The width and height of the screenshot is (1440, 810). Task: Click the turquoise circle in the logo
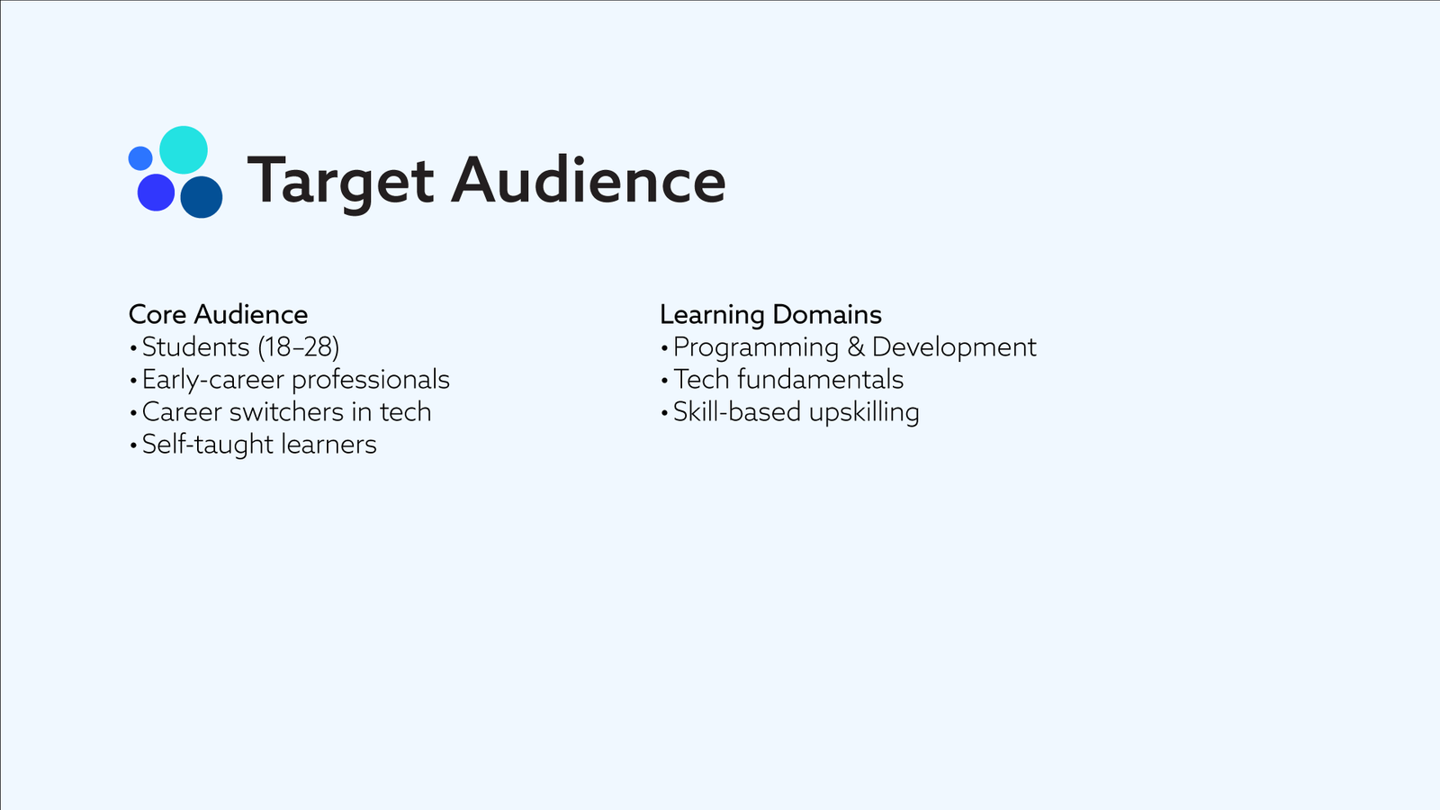(184, 149)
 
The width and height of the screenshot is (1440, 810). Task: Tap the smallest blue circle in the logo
(140, 158)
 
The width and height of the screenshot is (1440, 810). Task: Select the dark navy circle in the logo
(202, 197)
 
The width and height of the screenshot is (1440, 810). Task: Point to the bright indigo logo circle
(157, 193)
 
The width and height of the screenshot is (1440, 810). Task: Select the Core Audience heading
(218, 314)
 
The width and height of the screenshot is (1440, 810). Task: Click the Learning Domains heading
(770, 314)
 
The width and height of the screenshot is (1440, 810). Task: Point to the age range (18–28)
(298, 347)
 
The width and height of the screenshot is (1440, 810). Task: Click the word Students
(195, 347)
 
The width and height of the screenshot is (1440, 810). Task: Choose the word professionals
(371, 380)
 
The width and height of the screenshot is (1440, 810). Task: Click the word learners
(329, 445)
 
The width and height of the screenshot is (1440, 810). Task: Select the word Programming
(756, 347)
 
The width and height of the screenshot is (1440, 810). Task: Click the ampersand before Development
(856, 347)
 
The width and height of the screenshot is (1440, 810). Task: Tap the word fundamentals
(820, 379)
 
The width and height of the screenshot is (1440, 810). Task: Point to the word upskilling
(864, 413)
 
